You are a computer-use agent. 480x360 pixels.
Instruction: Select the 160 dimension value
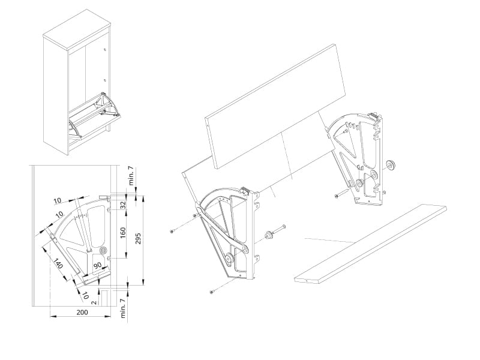[124, 232]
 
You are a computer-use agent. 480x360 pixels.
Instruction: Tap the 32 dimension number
[124, 204]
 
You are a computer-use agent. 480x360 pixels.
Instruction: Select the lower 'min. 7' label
[122, 308]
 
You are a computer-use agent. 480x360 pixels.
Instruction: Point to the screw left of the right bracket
[336, 194]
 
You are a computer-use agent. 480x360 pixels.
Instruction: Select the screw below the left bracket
[212, 292]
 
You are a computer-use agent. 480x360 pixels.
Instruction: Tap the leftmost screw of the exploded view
[173, 230]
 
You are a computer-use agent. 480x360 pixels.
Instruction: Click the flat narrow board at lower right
[372, 242]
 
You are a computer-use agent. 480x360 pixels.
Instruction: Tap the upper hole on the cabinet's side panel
[106, 51]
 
